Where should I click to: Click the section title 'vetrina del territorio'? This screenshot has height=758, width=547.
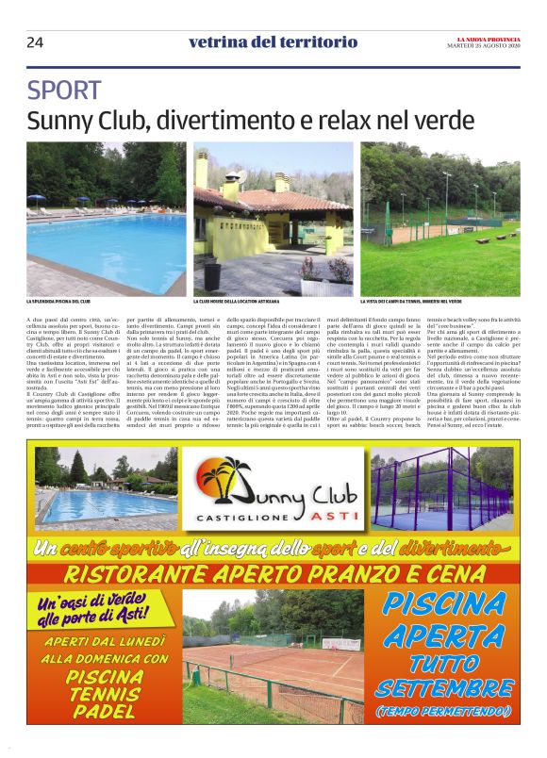pyautogui.click(x=273, y=41)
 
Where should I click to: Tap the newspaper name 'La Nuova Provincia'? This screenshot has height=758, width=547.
pyautogui.click(x=482, y=38)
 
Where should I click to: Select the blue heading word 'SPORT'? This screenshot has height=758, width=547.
pyautogui.click(x=64, y=91)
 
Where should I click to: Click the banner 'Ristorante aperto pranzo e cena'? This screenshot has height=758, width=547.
pyautogui.click(x=273, y=572)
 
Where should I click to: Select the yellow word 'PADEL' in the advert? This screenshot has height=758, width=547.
pyautogui.click(x=103, y=713)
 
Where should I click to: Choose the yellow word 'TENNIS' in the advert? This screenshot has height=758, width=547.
pyautogui.click(x=104, y=695)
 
